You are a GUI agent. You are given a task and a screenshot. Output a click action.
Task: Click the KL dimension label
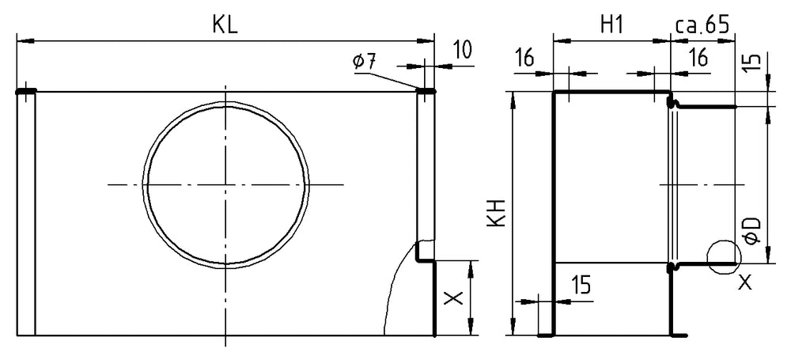pos(225,25)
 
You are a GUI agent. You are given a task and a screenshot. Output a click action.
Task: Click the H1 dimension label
pos(611,25)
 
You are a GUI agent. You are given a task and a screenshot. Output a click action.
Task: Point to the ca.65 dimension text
pos(702,25)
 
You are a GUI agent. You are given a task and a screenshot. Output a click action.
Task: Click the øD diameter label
pos(754,230)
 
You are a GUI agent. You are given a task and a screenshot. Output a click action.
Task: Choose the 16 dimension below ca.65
pos(697,57)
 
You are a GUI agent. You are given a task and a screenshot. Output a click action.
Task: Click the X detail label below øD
pos(744,282)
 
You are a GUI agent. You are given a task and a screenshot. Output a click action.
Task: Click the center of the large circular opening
pos(225,184)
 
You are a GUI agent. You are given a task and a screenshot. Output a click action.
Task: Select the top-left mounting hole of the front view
pos(26,92)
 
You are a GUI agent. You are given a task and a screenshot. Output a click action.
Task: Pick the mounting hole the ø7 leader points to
pos(426,92)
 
